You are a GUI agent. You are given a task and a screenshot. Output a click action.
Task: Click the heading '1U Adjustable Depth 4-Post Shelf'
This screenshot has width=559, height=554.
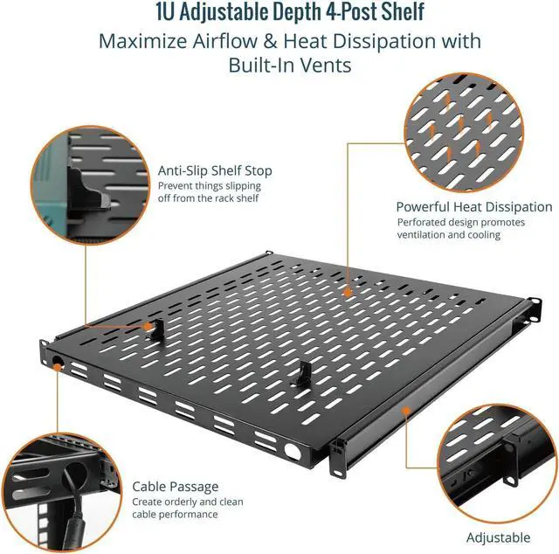click(290, 11)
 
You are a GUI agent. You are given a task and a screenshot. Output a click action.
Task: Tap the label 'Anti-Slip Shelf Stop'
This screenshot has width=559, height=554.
click(215, 170)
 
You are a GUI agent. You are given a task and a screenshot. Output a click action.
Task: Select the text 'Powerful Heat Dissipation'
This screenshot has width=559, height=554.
click(474, 207)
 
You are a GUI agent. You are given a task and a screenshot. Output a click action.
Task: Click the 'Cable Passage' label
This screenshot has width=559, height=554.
click(175, 487)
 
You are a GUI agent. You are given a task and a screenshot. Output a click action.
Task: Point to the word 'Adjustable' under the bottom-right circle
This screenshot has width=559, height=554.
click(498, 537)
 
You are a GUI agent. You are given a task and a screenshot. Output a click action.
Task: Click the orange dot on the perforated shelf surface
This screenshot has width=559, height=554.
click(348, 293)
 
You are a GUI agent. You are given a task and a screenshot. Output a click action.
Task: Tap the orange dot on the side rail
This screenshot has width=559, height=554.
click(405, 411)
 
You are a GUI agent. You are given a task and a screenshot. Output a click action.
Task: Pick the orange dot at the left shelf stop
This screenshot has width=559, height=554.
click(148, 327)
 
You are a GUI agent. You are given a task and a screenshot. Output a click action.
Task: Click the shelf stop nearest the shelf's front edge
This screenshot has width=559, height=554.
click(301, 374)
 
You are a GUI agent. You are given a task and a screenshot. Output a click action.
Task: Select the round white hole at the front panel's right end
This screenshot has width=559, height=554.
click(293, 451)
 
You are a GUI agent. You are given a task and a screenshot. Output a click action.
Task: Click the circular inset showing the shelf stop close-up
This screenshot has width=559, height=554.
click(90, 185)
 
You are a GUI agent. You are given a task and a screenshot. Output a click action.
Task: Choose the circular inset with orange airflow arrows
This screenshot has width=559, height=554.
click(464, 133)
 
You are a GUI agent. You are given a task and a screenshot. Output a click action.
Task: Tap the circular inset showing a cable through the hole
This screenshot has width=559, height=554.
click(62, 492)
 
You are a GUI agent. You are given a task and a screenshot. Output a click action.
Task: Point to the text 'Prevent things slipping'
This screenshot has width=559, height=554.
click(210, 186)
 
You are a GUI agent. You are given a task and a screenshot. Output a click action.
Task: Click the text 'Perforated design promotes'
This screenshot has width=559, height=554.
click(461, 222)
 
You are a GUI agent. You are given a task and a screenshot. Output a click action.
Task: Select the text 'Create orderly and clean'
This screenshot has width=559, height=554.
click(188, 502)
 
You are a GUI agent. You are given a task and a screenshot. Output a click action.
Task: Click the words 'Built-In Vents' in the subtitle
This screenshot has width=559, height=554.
click(290, 65)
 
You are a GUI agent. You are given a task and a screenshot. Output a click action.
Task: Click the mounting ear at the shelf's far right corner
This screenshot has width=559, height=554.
click(534, 309)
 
